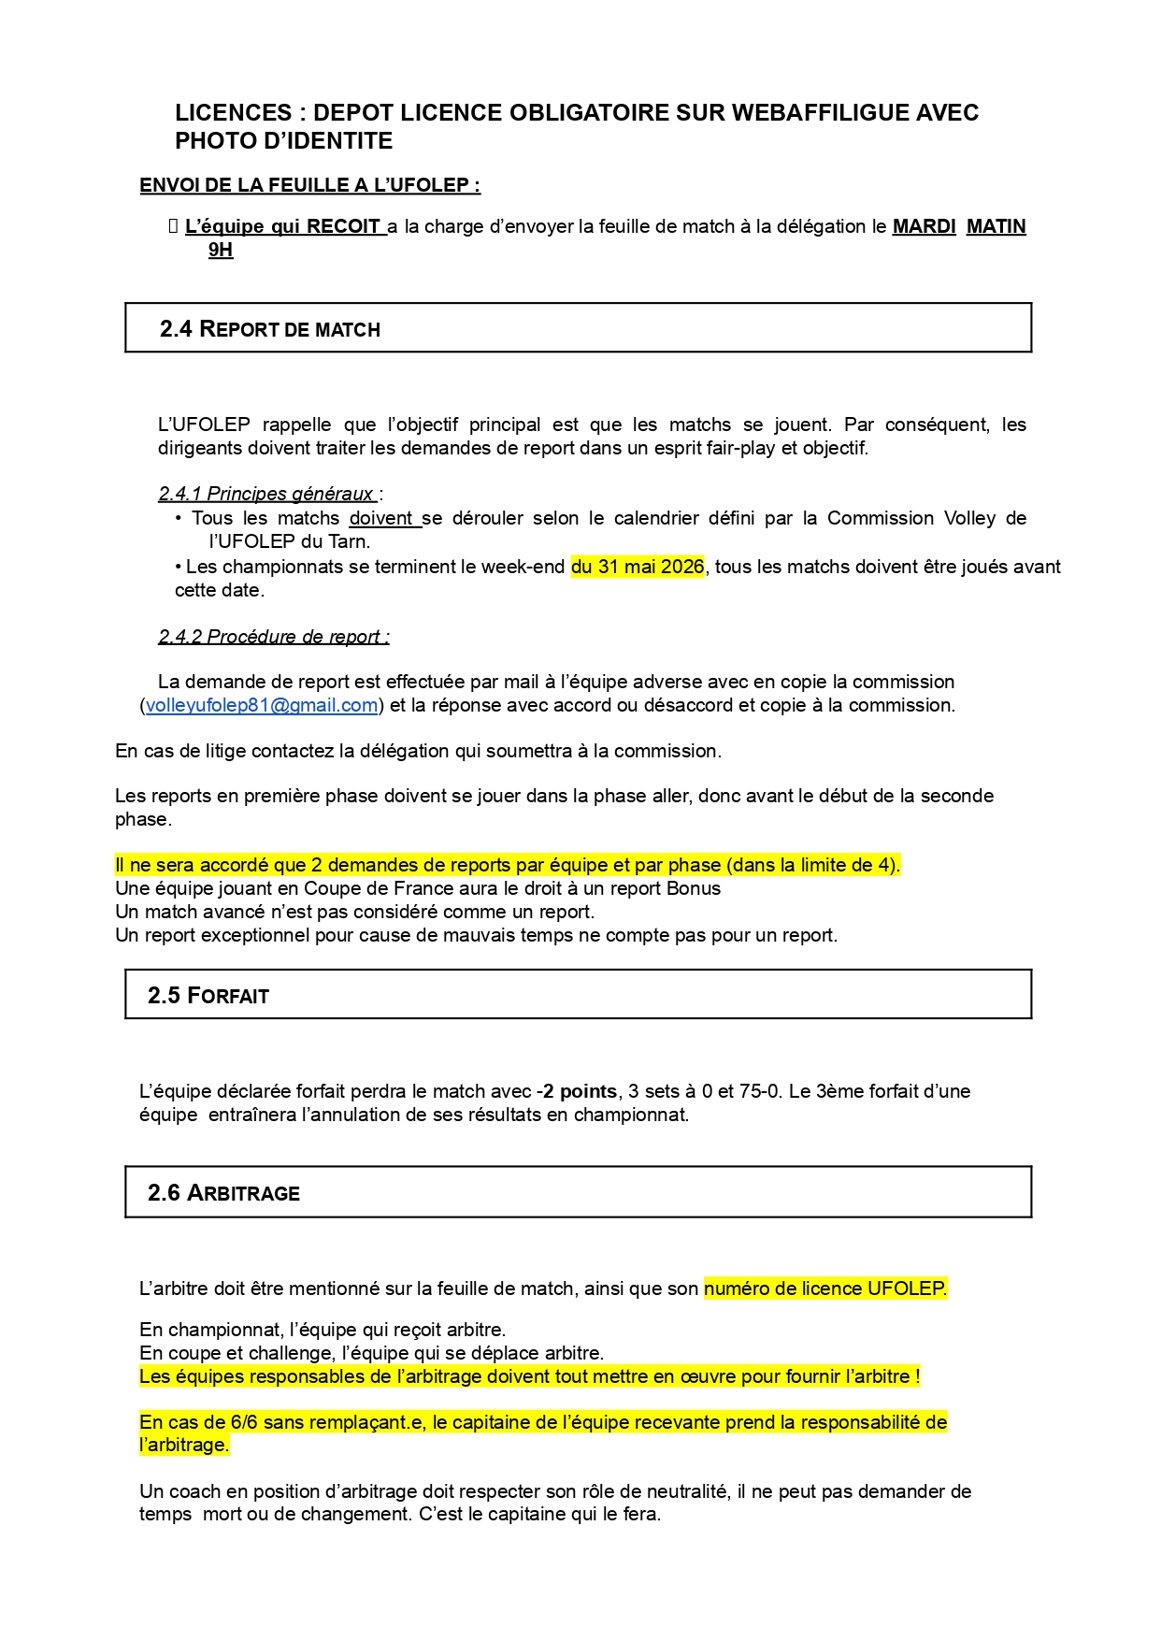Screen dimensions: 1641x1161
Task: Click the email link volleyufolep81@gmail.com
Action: [262, 705]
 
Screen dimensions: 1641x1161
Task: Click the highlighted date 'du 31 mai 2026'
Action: [637, 567]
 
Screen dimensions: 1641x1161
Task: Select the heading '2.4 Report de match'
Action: [270, 329]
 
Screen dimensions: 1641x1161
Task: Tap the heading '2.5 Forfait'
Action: [208, 996]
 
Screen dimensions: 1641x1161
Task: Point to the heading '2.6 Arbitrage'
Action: [224, 1193]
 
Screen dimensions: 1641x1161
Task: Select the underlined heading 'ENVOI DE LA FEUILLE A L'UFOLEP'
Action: [309, 185]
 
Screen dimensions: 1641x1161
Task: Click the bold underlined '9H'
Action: [221, 250]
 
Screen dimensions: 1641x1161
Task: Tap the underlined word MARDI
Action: [924, 226]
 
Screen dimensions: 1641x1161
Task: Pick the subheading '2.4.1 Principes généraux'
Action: [266, 494]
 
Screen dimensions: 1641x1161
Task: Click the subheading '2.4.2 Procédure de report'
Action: [273, 637]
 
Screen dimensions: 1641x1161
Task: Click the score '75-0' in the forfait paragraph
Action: [758, 1091]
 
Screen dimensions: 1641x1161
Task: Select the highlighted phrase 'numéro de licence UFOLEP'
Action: [824, 1288]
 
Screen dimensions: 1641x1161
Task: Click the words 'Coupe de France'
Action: [366, 888]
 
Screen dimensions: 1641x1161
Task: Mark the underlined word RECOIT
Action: [343, 226]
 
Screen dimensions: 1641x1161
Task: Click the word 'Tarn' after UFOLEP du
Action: [348, 541]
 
